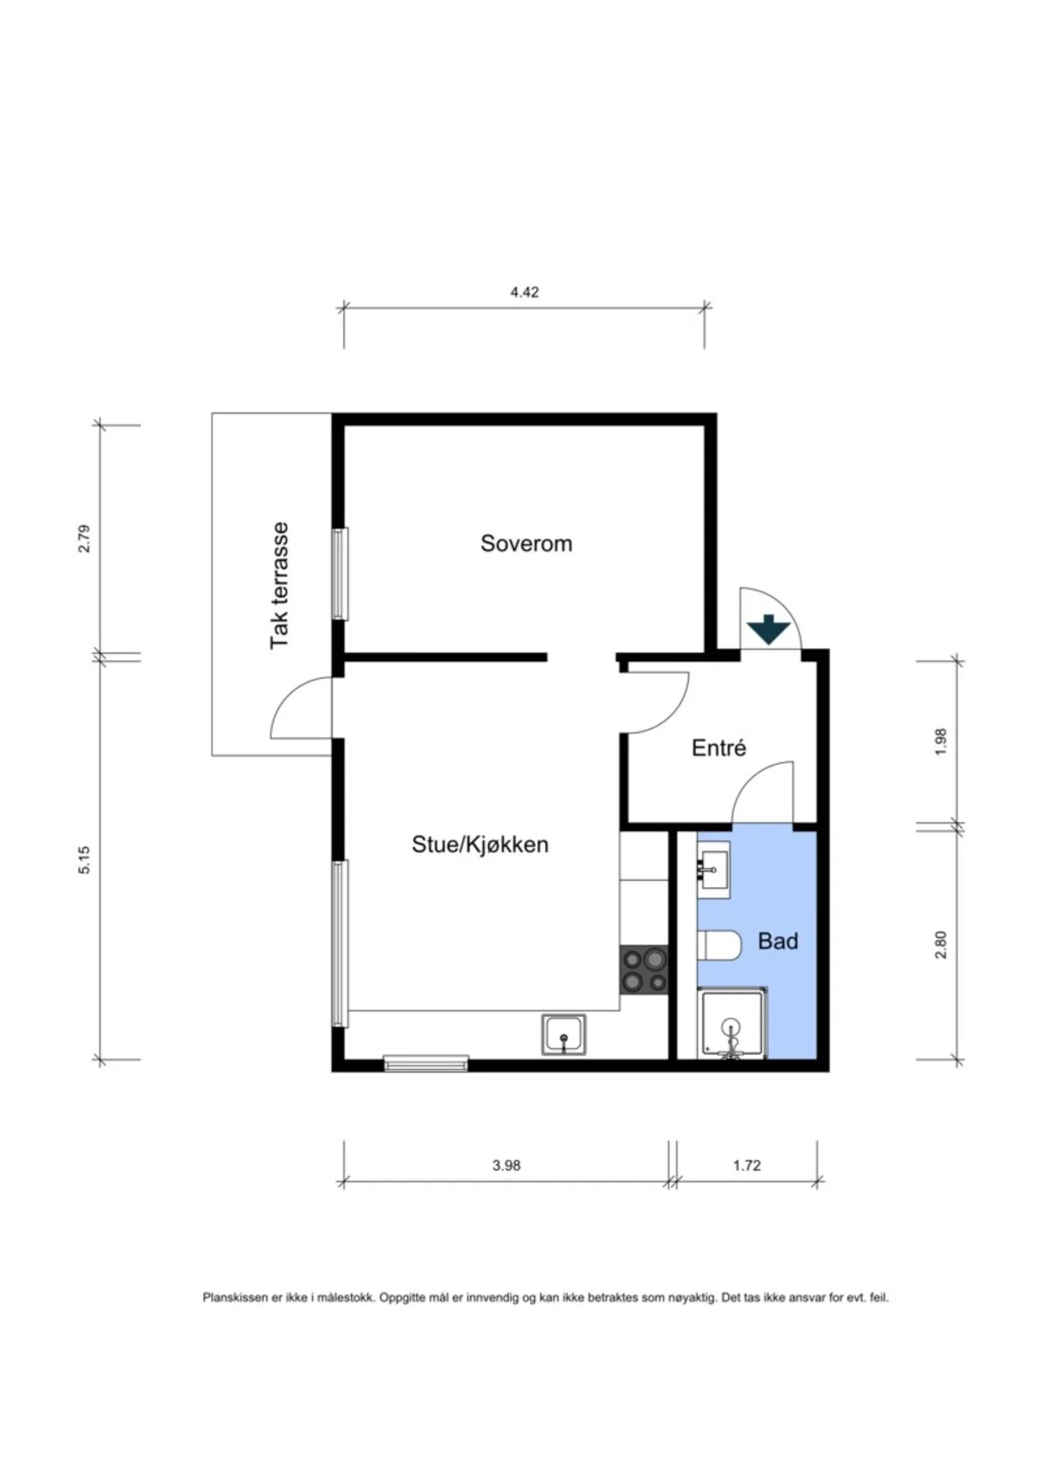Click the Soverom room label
[x=526, y=544]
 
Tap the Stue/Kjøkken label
[x=480, y=845]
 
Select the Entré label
[x=718, y=748]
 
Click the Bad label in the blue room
[x=777, y=941]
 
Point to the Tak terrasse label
[x=280, y=585]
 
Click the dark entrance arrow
[x=768, y=629]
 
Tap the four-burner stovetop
[x=644, y=970]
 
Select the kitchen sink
[x=563, y=1034]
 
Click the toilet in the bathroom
[x=719, y=945]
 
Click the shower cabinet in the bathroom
[x=732, y=1023]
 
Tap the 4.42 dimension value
[x=524, y=292]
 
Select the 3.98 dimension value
[x=506, y=1165]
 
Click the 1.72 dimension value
[x=747, y=1165]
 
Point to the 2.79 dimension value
[x=84, y=538]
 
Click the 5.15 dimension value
[x=84, y=859]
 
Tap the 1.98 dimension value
[x=941, y=742]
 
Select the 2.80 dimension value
[x=941, y=944]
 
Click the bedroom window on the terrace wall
[x=340, y=573]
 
